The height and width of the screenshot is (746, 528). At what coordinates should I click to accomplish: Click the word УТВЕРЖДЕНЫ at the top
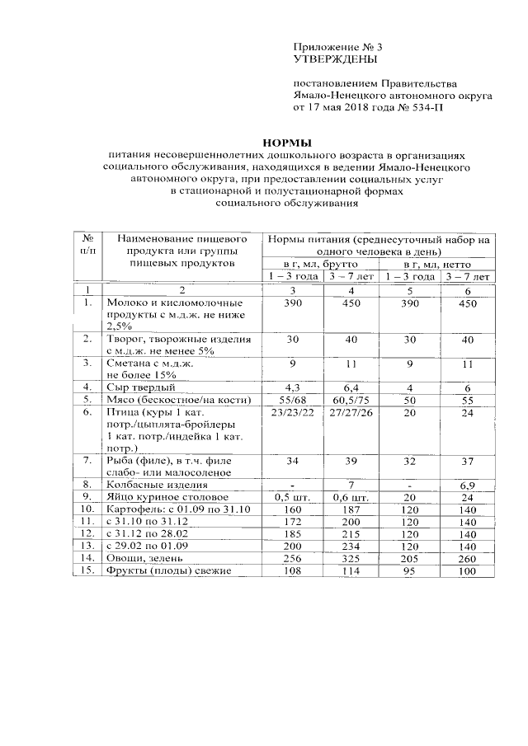335,60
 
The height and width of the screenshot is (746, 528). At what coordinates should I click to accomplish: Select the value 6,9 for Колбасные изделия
468,485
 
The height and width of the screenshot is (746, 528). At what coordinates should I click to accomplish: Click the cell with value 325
351,559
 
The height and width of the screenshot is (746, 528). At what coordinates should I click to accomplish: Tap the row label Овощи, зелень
148,559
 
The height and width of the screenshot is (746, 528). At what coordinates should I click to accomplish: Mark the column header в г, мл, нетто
436,264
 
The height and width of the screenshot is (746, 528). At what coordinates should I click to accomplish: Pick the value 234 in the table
351,547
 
